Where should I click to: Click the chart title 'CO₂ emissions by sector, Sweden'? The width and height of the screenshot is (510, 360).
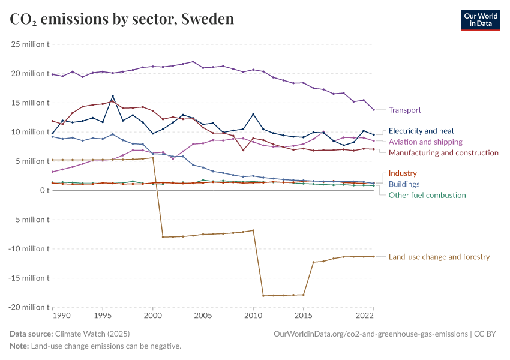pyautogui.click(x=122, y=19)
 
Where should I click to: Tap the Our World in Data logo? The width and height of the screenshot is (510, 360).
pyautogui.click(x=480, y=20)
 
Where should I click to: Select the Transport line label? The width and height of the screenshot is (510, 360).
pyautogui.click(x=404, y=110)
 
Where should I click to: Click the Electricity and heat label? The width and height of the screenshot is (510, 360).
pyautogui.click(x=421, y=131)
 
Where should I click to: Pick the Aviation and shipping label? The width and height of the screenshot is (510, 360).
pyautogui.click(x=425, y=142)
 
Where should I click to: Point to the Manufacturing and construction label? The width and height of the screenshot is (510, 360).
pyautogui.click(x=443, y=153)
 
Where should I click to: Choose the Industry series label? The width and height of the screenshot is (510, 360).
pyautogui.click(x=403, y=173)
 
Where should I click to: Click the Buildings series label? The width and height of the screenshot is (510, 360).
pyautogui.click(x=404, y=184)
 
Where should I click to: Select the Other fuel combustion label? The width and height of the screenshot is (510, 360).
pyautogui.click(x=427, y=195)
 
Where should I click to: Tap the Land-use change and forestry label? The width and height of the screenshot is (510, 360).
pyautogui.click(x=439, y=257)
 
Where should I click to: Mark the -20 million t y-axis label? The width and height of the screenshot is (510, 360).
pyautogui.click(x=29, y=307)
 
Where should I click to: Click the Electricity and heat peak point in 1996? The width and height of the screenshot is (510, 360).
pyautogui.click(x=113, y=96)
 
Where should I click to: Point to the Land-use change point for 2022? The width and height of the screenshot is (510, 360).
pyautogui.click(x=373, y=257)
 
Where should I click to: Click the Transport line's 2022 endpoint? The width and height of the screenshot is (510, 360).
pyautogui.click(x=373, y=110)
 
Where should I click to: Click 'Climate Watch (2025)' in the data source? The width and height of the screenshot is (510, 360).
pyautogui.click(x=92, y=334)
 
